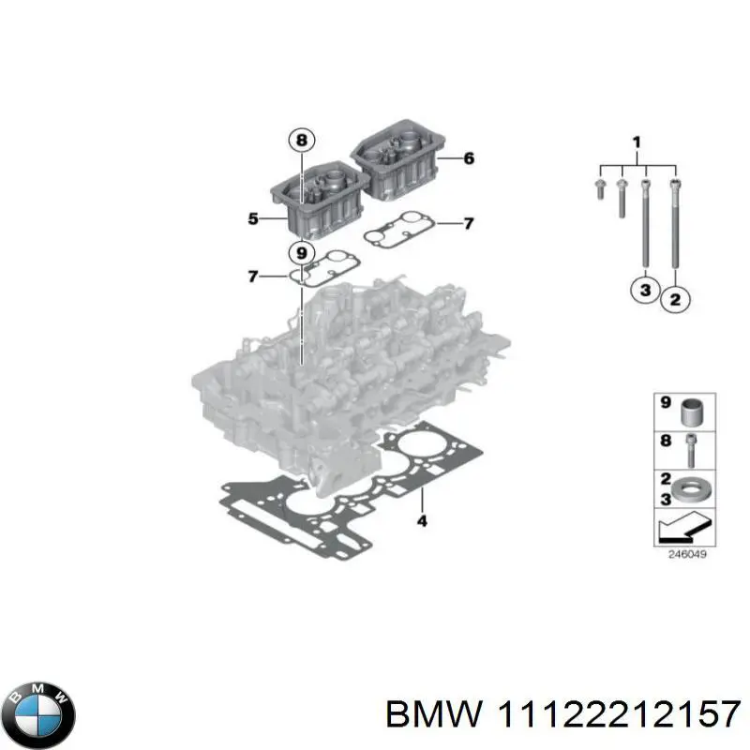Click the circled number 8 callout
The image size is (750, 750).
click(300, 142)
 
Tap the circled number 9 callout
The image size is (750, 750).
click(300, 252)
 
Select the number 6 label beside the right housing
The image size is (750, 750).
click(469, 158)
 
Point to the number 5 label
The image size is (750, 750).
click(253, 219)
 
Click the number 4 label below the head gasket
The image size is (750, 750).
click(422, 520)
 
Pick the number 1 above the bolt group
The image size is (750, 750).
click(637, 142)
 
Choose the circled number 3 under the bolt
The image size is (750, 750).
click(644, 292)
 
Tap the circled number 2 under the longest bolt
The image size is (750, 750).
click(676, 299)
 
